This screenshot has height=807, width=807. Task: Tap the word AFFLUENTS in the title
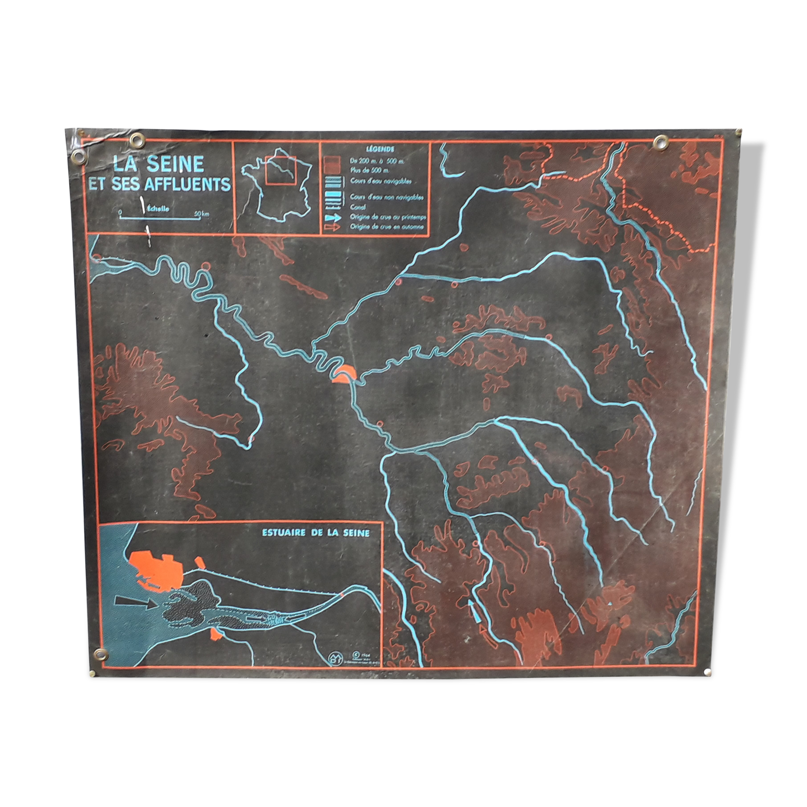(191, 184)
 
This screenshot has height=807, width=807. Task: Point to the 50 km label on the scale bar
(202, 214)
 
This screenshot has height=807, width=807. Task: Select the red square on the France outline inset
(280, 170)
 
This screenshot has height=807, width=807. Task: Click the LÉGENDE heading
(380, 149)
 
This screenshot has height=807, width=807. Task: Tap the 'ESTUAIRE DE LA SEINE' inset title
(315, 533)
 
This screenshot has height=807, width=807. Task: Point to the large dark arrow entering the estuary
(135, 603)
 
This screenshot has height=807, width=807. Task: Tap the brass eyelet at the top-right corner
(660, 142)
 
